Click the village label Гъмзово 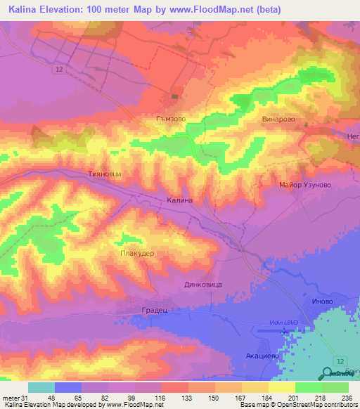point(170,119)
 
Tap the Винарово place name point(276,119)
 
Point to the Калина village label point(179,200)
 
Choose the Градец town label point(149,309)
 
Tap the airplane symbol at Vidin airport point(285,331)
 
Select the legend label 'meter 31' point(14,397)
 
